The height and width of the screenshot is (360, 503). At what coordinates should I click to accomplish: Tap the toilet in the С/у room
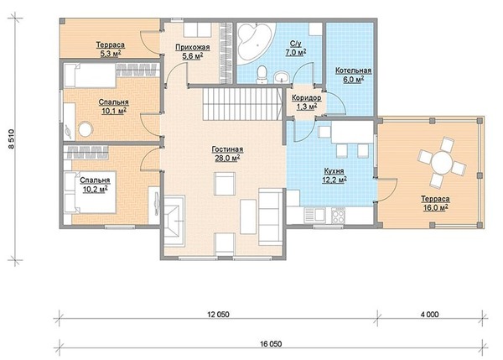[x=262, y=75]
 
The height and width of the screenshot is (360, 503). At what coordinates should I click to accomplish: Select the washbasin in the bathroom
[x=282, y=77]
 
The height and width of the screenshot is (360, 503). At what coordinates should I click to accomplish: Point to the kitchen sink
[x=314, y=215]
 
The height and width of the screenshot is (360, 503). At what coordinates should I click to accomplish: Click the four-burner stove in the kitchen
[x=338, y=215]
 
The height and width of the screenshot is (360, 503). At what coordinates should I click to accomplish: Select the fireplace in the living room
[x=174, y=221]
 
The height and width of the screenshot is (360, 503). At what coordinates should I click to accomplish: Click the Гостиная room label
[x=227, y=149]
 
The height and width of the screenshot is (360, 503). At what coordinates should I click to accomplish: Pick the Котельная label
[x=353, y=70]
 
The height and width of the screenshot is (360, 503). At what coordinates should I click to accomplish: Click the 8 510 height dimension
[x=11, y=139]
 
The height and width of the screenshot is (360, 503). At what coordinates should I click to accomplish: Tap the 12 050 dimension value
[x=219, y=315]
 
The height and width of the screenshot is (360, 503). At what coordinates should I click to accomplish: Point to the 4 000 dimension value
[x=429, y=315]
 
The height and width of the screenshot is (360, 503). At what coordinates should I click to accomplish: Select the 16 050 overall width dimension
[x=271, y=344]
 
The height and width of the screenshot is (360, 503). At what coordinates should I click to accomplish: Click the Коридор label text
[x=306, y=98]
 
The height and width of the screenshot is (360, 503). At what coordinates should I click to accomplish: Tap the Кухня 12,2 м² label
[x=334, y=175]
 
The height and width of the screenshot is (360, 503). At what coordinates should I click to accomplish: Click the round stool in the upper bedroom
[x=86, y=129]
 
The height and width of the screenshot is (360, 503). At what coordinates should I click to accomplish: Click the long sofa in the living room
[x=271, y=217]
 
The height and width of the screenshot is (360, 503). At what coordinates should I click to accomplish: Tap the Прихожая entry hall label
[x=193, y=47]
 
